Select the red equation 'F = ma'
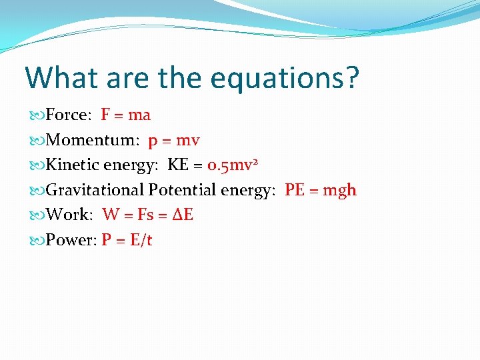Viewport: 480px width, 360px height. click(125, 115)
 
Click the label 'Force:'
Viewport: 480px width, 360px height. click(69, 115)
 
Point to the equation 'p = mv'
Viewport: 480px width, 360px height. click(173, 140)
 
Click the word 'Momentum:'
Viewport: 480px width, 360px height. click(93, 140)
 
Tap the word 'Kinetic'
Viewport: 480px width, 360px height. click(74, 165)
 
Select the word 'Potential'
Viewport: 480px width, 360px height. click(182, 190)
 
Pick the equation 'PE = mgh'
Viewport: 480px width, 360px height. click(321, 190)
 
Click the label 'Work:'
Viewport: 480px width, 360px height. click(70, 215)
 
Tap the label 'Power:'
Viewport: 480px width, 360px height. click(71, 240)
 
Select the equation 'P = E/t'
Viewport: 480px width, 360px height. click(127, 240)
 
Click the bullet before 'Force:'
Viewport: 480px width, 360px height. click(38, 115)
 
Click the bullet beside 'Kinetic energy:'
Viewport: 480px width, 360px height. click(38, 165)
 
